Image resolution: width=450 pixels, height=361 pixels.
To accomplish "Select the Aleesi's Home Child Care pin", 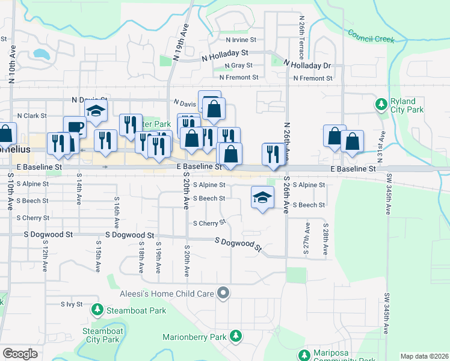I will [x=224, y=294].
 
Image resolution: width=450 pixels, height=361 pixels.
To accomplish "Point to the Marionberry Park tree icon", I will [x=236, y=336].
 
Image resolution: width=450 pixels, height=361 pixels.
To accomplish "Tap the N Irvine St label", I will [x=241, y=40].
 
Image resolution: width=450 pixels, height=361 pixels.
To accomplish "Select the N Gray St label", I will [x=238, y=65].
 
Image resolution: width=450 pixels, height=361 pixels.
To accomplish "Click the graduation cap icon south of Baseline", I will [x=262, y=197].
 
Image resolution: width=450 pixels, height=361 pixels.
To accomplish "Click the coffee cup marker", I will [x=75, y=127].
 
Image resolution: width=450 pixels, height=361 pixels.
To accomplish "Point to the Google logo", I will [x=20, y=354].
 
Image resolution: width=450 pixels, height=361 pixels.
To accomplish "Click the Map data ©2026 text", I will [x=424, y=356].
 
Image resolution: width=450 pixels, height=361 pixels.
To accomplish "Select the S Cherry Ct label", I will [x=209, y=223].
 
